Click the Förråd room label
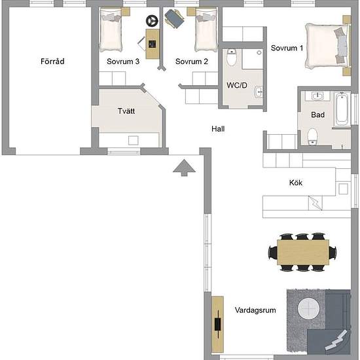coord(52,62)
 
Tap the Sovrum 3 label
coord(123,62)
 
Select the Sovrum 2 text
coord(192,62)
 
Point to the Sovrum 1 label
coord(287,48)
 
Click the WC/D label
coord(237,85)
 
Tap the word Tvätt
coord(126,111)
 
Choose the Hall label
coord(218,129)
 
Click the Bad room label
coord(317,115)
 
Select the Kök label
coord(296,183)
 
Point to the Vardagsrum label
coord(255,310)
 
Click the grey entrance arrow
coord(184,168)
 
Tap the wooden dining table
coord(303,252)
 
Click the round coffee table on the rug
coord(308,308)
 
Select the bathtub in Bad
coord(342,109)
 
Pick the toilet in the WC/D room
coord(232,57)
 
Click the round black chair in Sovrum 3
coord(152,21)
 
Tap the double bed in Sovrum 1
coord(328,46)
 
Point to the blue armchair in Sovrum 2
coord(174,18)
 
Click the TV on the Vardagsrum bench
coord(218,324)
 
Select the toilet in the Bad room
coord(312,136)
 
